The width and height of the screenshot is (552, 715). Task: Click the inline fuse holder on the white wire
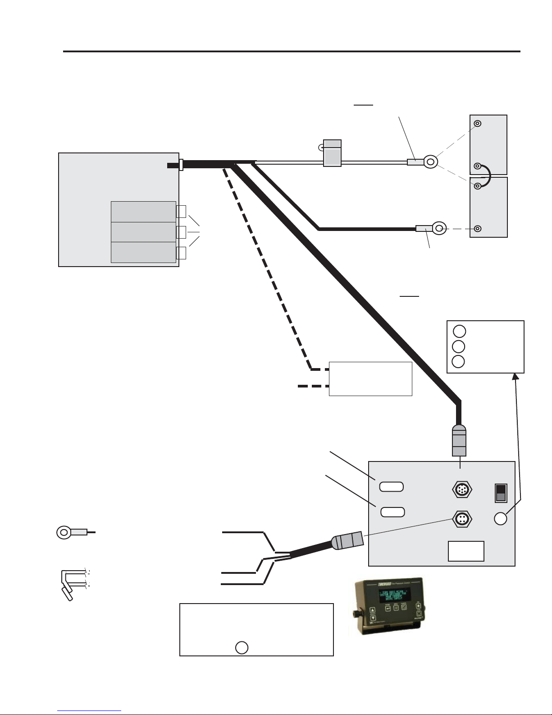pos(333,153)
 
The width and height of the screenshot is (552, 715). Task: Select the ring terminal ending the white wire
pos(430,161)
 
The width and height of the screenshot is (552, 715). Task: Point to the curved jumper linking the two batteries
pos(486,176)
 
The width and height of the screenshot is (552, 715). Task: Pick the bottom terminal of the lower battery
pos(479,229)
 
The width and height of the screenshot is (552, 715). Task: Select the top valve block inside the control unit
pos(143,212)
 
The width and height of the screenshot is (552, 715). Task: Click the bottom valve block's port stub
pos(181,253)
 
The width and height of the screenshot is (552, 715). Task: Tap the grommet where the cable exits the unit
pos(181,165)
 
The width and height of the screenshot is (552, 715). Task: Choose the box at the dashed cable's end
pos(370,378)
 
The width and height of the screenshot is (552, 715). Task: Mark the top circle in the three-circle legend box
pos(459,331)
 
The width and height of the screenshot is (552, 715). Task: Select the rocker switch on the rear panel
pos(501,493)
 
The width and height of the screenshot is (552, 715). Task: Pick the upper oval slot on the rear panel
pos(391,486)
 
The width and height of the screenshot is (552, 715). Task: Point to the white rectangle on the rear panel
pos(466,551)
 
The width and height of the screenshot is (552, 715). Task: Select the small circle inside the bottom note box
pos(242,647)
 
